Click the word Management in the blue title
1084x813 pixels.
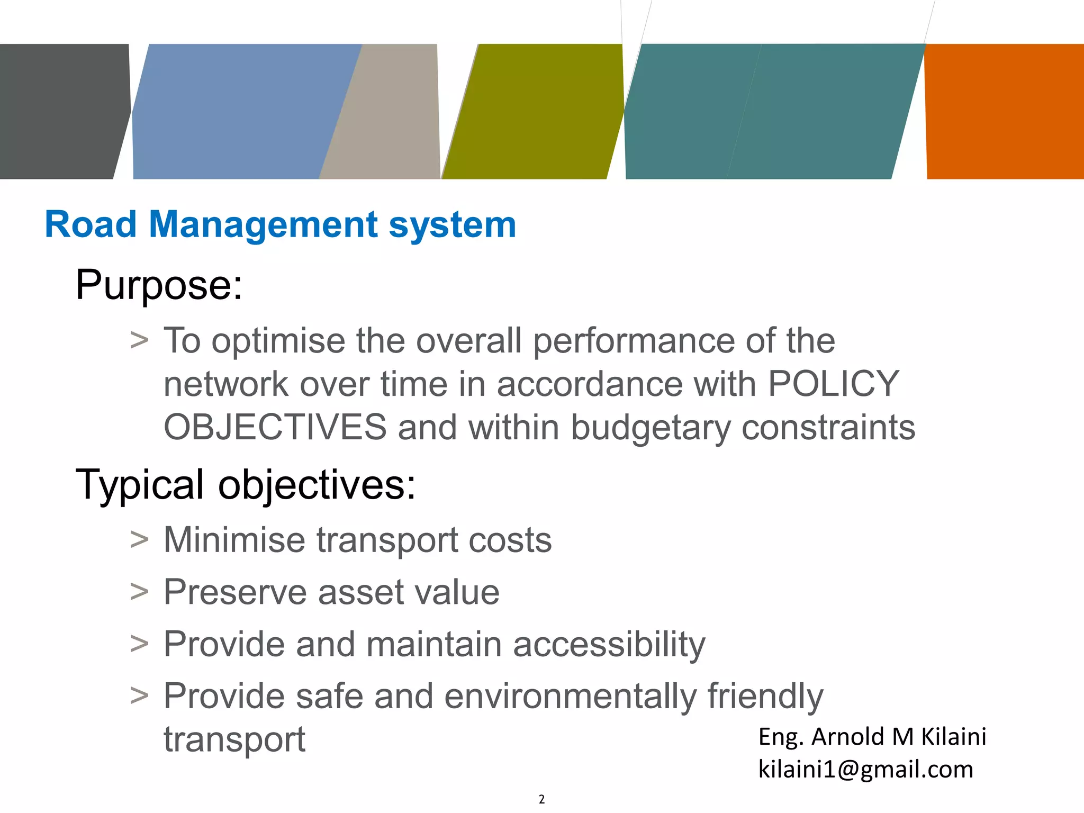[x=263, y=225]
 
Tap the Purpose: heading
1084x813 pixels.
[x=159, y=285]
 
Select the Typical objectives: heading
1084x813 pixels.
[x=246, y=484]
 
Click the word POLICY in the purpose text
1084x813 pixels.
[x=833, y=384]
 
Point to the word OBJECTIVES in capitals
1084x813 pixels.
[x=275, y=427]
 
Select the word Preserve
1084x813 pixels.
[x=234, y=592]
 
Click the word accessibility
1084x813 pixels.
[x=609, y=645]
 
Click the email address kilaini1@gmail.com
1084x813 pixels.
[x=865, y=769]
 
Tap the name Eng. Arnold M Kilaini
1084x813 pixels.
[x=872, y=737]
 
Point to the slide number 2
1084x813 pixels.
[x=541, y=799]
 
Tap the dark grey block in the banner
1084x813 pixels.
[x=61, y=111]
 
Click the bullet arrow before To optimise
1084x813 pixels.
[x=139, y=340]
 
